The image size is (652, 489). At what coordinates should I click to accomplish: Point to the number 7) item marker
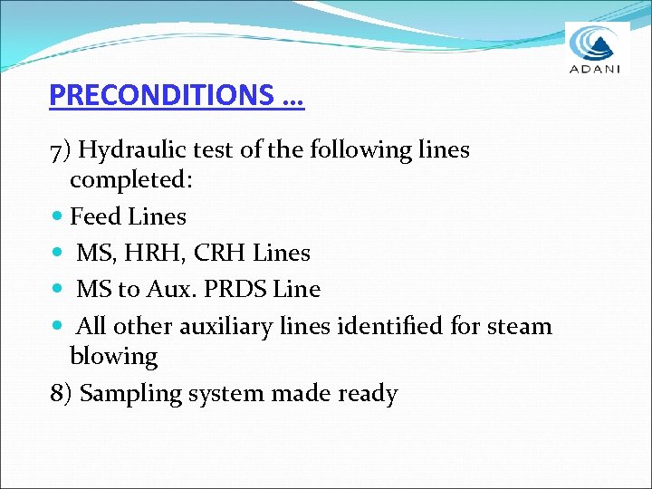click(61, 149)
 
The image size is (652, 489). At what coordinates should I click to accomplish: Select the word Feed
click(96, 216)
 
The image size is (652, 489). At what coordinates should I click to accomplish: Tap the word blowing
click(113, 357)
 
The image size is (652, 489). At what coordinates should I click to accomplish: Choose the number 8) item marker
click(61, 394)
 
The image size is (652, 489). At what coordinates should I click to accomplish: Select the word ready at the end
click(367, 395)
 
